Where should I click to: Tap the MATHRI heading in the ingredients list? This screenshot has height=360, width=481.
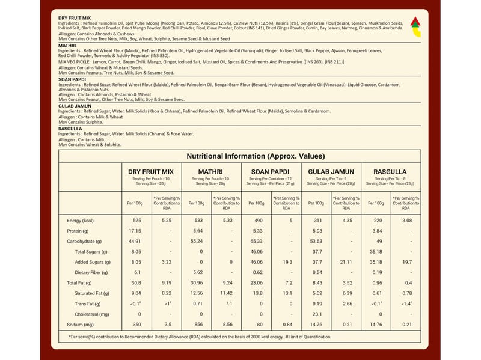point(67,46)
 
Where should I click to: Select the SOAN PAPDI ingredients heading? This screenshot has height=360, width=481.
point(71,79)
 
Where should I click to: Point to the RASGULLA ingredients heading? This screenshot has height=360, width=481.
point(70,129)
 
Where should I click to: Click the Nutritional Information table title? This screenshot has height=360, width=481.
point(240,156)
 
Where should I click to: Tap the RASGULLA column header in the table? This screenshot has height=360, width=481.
point(390,171)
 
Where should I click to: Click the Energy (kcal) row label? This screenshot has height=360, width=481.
point(81,221)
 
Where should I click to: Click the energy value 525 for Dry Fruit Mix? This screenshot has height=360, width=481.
point(136,221)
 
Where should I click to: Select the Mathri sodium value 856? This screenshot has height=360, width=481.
point(196,325)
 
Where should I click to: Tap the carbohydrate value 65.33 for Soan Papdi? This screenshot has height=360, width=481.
point(257,241)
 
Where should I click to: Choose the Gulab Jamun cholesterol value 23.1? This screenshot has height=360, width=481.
point(317,314)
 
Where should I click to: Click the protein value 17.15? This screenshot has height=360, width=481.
point(135,231)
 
